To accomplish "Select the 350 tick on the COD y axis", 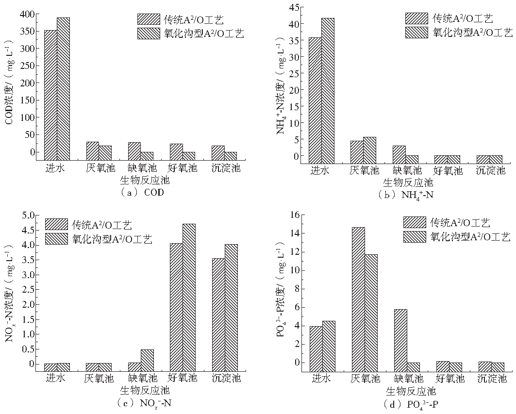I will click(x=30, y=32).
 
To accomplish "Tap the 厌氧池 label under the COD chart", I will click(x=99, y=168).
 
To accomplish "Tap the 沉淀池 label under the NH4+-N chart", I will click(x=490, y=170).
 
